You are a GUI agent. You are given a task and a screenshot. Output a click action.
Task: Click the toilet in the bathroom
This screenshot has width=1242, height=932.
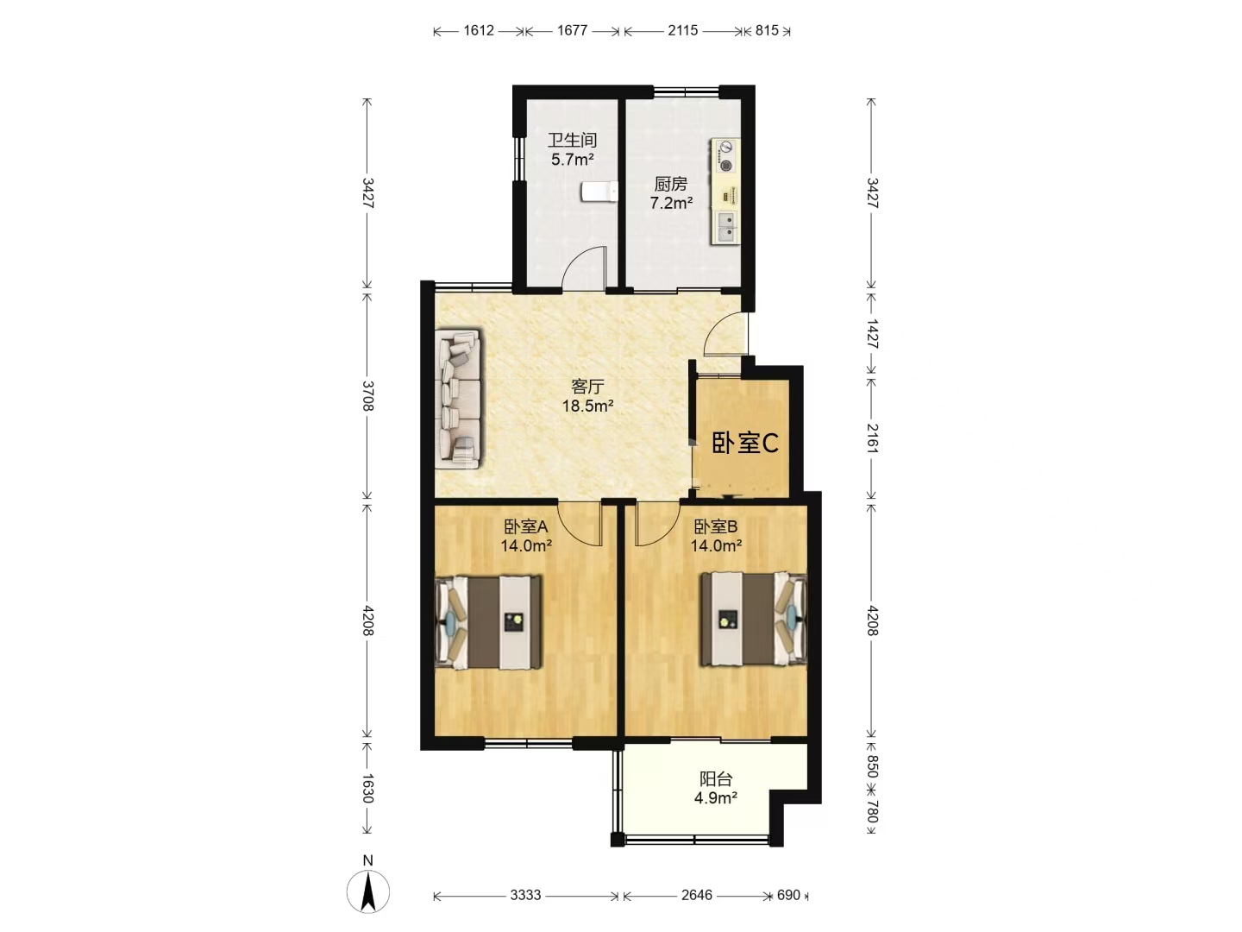pyautogui.click(x=599, y=192)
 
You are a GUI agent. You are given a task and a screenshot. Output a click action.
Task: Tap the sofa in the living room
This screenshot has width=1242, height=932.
pyautogui.click(x=458, y=399)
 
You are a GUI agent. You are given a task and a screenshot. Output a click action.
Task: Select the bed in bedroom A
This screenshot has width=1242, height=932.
pyautogui.click(x=488, y=622)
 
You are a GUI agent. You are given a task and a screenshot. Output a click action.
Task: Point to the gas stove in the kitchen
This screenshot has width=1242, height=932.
pyautogui.click(x=724, y=156)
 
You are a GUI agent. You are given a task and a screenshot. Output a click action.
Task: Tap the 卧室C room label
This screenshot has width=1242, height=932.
pyautogui.click(x=744, y=443)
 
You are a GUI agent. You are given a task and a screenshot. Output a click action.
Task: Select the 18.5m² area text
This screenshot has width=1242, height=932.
pyautogui.click(x=588, y=406)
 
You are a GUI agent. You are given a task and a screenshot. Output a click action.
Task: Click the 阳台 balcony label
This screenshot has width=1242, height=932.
pyautogui.click(x=716, y=778)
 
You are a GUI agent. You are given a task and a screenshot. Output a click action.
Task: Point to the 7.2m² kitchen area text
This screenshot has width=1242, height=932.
pyautogui.click(x=671, y=203)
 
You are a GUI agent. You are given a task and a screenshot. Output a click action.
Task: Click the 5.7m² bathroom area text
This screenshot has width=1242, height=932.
pyautogui.click(x=572, y=159)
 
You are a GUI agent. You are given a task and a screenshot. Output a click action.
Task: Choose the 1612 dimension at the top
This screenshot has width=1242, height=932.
pyautogui.click(x=479, y=30)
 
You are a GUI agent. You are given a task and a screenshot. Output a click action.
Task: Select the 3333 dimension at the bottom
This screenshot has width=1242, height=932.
pyautogui.click(x=525, y=895)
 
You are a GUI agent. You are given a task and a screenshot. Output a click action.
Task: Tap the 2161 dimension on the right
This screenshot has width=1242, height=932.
pyautogui.click(x=872, y=438)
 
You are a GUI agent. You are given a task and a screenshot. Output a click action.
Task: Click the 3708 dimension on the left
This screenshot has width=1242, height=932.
pyautogui.click(x=367, y=395)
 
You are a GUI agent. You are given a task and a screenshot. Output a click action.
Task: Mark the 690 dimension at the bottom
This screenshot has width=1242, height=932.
pyautogui.click(x=788, y=895)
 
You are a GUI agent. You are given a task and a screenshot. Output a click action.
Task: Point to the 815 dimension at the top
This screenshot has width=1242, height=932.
pyautogui.click(x=767, y=30)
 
